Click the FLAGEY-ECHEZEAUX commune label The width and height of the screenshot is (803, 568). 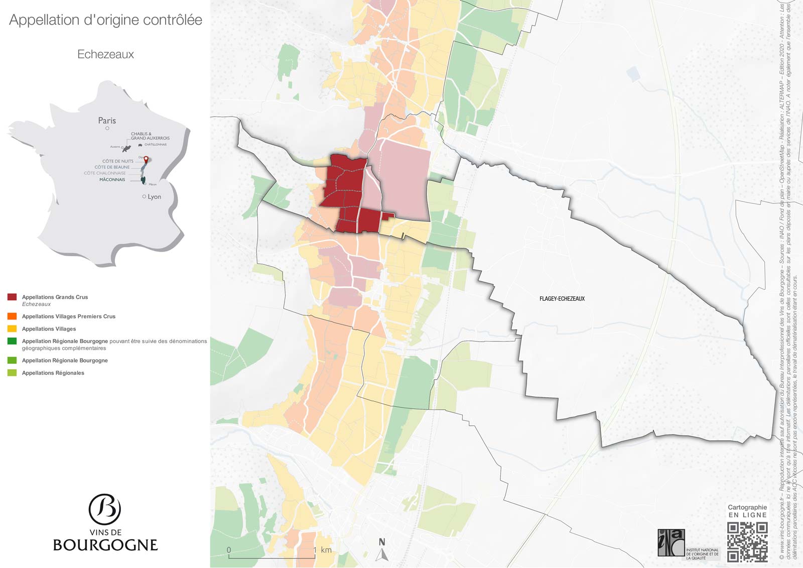click(x=562, y=299)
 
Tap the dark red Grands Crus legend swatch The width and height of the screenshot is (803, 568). click(x=12, y=297)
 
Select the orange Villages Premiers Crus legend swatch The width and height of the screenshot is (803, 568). click(x=12, y=316)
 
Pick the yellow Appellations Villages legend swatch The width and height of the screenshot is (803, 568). click(x=12, y=329)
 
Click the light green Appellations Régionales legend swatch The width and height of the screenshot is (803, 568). click(x=12, y=373)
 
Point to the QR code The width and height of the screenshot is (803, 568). click(x=747, y=541)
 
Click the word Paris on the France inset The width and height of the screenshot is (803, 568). click(x=107, y=121)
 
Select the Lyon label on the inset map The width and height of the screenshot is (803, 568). click(x=154, y=196)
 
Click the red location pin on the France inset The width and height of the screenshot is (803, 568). click(x=146, y=160)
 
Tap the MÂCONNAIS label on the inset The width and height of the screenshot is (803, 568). click(x=112, y=179)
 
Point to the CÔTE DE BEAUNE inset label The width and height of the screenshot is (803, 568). click(x=112, y=167)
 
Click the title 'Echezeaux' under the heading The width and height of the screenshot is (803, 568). click(x=105, y=54)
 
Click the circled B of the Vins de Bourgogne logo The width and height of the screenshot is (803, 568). click(x=105, y=509)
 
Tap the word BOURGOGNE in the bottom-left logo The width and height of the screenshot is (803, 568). click(x=105, y=545)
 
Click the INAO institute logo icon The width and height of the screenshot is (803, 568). click(x=671, y=542)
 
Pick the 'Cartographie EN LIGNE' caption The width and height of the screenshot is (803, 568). click(x=747, y=511)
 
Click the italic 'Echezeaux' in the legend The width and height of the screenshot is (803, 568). click(x=36, y=304)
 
